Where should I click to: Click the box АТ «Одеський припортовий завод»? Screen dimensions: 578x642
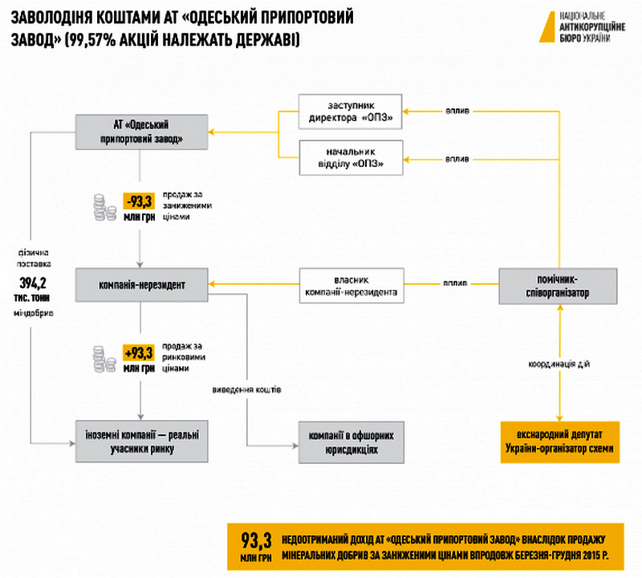[140, 132]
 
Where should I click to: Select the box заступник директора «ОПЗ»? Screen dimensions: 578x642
[350, 112]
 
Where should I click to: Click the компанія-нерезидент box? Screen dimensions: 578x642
[140, 284]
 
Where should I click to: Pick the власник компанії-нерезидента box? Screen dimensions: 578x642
[350, 284]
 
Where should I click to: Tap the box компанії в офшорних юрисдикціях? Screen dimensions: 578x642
[350, 442]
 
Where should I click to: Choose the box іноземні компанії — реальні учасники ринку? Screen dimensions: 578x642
[140, 442]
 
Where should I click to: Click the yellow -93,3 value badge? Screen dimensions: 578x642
[138, 201]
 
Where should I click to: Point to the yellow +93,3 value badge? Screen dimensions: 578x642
[138, 352]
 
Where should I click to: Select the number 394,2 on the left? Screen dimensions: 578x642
[33, 283]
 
